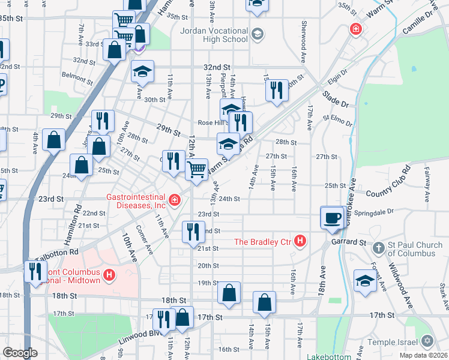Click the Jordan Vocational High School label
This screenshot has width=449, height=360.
coord(214,35)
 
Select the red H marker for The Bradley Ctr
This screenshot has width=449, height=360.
coord(300,242)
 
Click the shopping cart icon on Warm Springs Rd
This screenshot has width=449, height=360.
coord(196,170)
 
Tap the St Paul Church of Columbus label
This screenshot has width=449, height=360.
coord(411,249)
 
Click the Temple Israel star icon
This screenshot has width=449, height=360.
coord(427,341)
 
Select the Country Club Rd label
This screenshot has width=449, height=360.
coord(387,187)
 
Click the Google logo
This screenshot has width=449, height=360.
coord(20,353)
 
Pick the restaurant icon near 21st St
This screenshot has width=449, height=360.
coord(193,232)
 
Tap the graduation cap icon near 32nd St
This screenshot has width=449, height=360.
coord(142,71)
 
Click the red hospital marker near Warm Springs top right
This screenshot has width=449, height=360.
coord(356,29)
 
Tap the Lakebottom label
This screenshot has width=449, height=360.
coord(328,356)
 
